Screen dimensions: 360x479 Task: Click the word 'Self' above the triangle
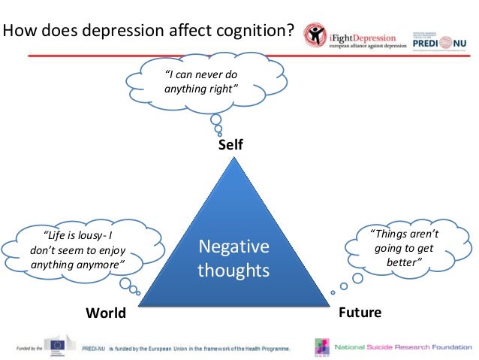pyautogui.click(x=230, y=144)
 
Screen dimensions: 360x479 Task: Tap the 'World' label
pyautogui.click(x=106, y=313)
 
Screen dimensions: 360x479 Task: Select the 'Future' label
pyautogui.click(x=360, y=312)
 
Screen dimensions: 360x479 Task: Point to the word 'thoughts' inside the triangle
pyautogui.click(x=233, y=270)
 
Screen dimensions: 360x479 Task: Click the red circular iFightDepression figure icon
pyautogui.click(x=315, y=35)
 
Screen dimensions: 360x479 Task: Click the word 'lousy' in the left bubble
pyautogui.click(x=92, y=234)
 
